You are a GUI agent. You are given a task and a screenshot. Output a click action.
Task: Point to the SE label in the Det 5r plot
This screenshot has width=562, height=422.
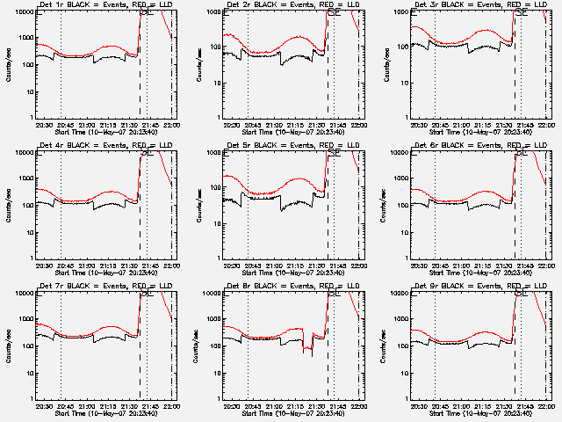[x=334, y=154]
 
